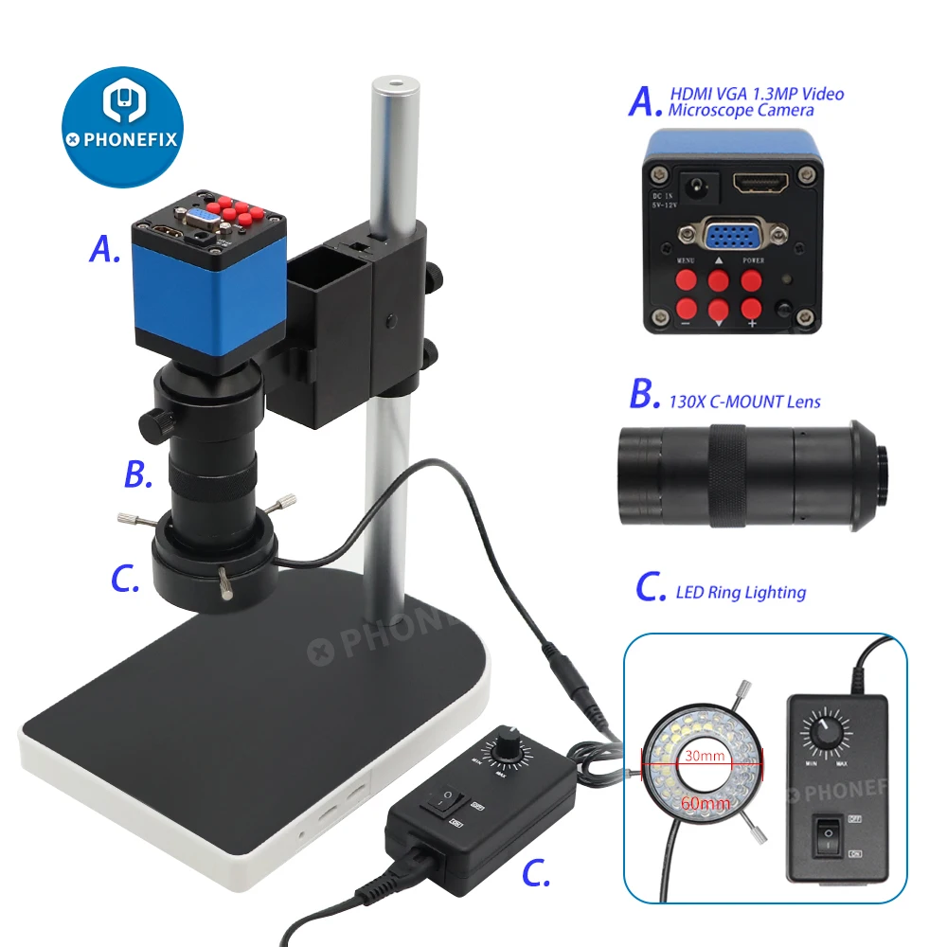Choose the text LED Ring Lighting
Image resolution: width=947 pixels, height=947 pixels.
pos(740,593)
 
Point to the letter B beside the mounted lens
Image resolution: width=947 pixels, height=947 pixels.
pos(138,475)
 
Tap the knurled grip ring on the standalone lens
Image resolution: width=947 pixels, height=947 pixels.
pos(727,473)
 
